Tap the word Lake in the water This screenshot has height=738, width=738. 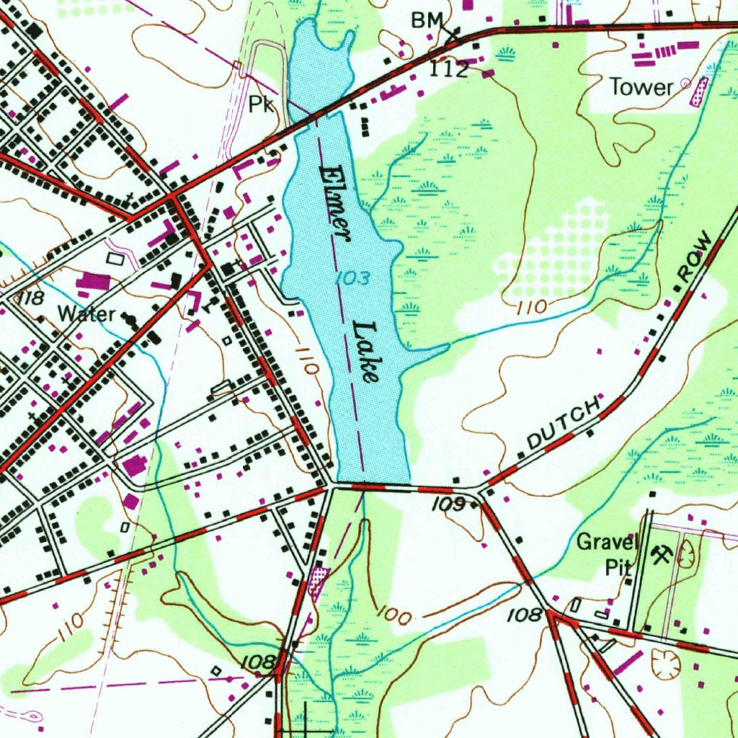tap(365, 351)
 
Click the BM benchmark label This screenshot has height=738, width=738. tap(425, 22)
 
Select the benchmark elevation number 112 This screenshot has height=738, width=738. tap(450, 69)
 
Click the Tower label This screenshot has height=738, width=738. tap(641, 87)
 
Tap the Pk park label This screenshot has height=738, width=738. tap(262, 105)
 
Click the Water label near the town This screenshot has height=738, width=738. tap(86, 314)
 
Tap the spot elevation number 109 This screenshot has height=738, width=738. tap(449, 505)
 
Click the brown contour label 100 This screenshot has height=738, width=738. tap(395, 616)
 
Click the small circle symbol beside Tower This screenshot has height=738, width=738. tap(685, 84)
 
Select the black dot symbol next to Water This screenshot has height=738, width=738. tap(130, 317)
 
